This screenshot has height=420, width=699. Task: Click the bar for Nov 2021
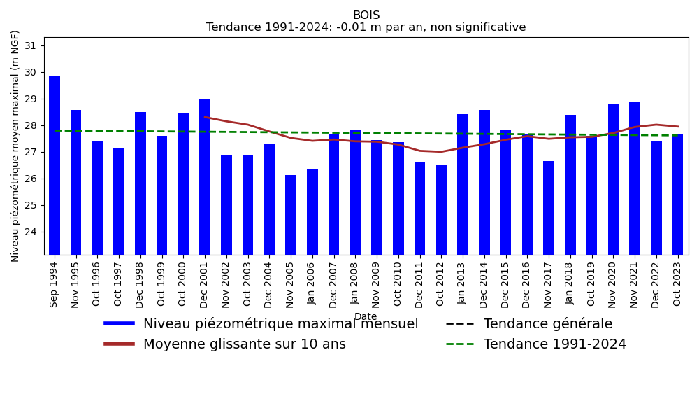635,178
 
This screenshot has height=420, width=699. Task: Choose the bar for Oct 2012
441,210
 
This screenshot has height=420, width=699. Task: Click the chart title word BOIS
366,15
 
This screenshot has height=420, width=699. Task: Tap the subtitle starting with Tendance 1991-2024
366,27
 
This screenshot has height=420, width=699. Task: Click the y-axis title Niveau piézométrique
15,146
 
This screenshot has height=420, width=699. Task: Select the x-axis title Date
366,316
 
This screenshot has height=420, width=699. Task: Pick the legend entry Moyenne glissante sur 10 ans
244,344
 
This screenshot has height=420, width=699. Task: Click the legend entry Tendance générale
547,324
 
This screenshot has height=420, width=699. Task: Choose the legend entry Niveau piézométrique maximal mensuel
280,324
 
